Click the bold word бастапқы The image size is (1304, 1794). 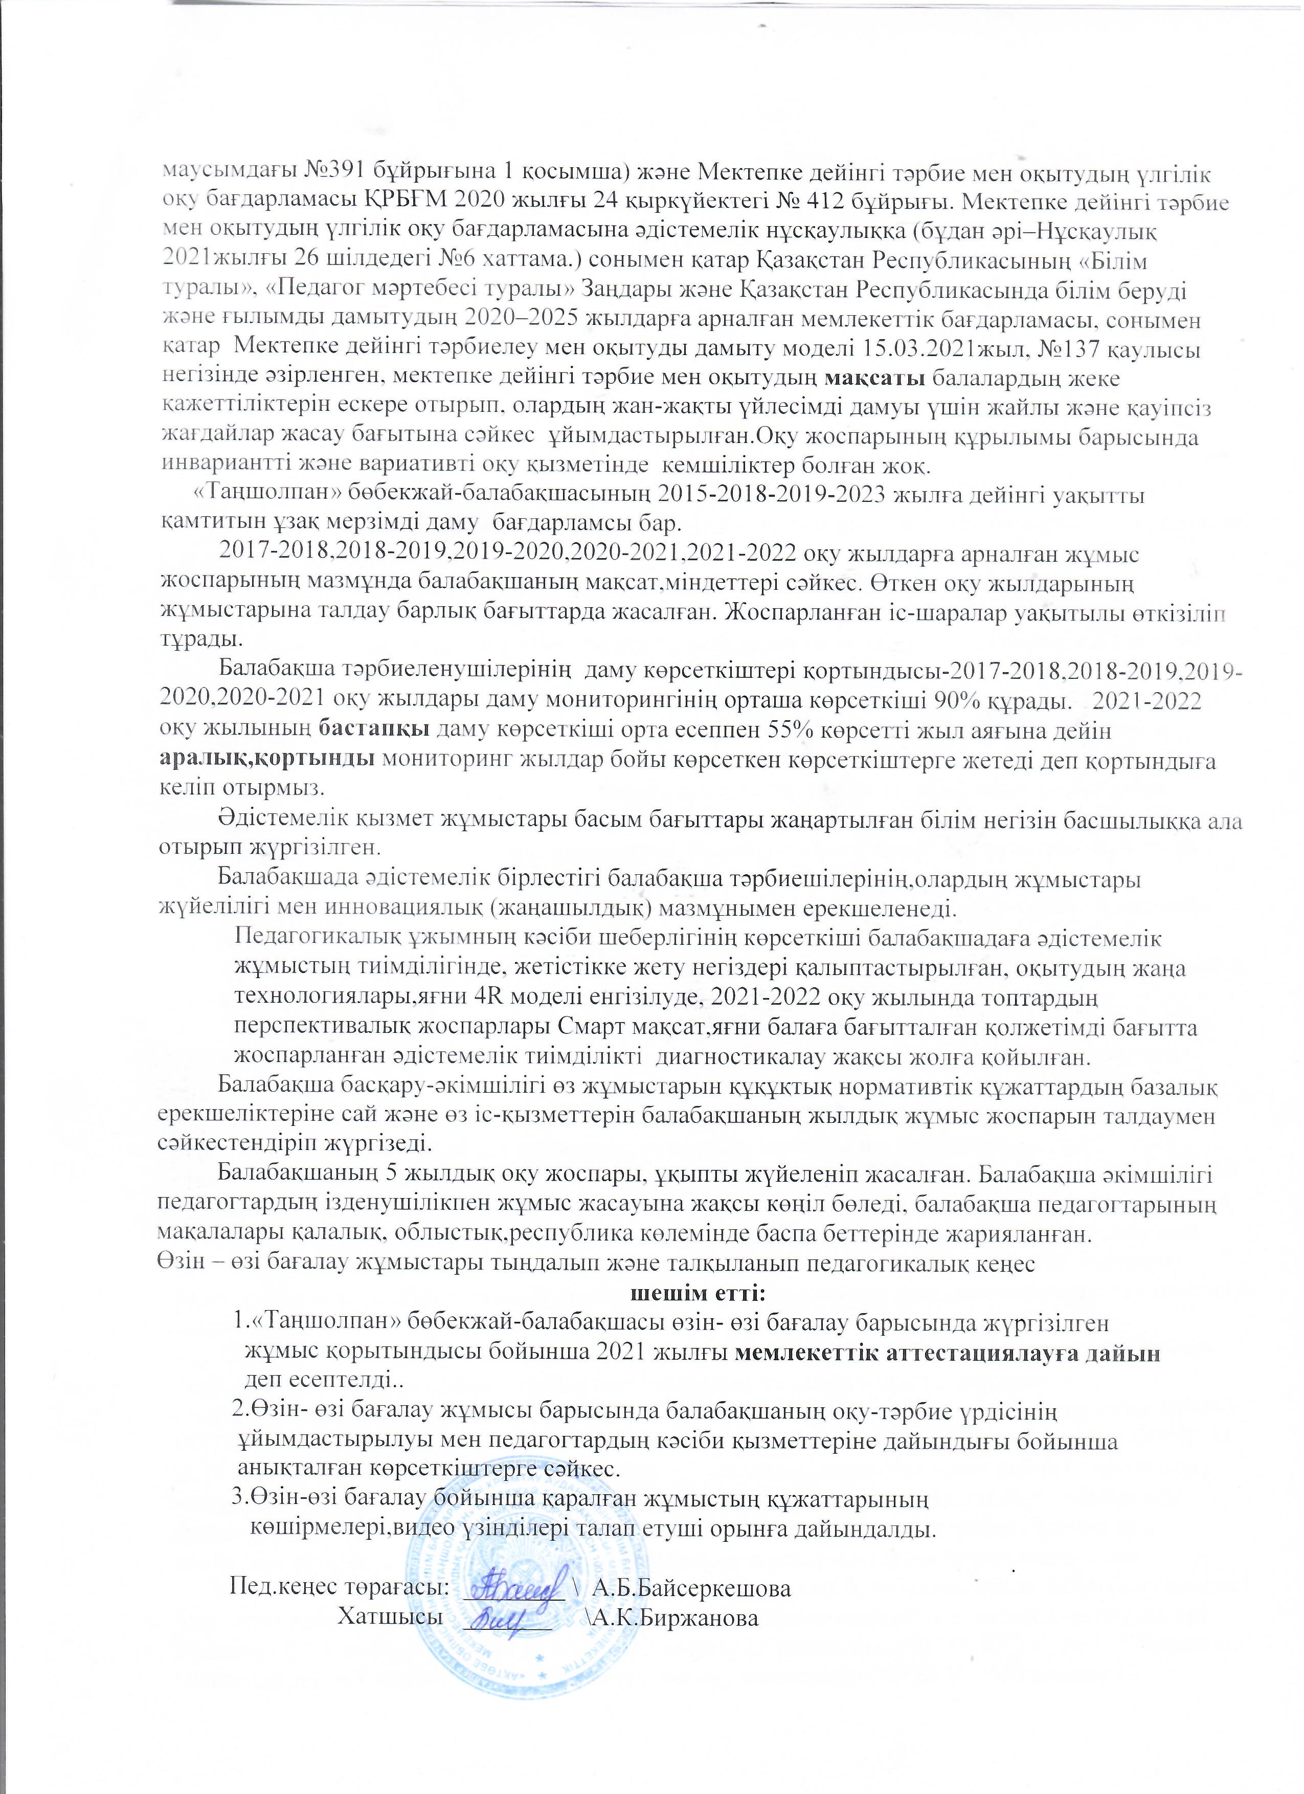click(x=376, y=732)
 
